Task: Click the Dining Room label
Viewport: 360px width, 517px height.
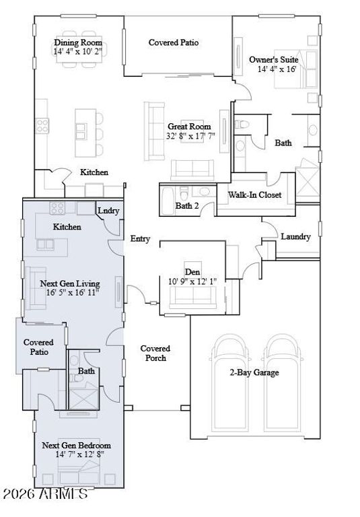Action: (x=78, y=42)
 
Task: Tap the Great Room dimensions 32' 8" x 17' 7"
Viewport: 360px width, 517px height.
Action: (x=190, y=136)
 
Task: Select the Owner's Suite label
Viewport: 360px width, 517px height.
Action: (x=274, y=60)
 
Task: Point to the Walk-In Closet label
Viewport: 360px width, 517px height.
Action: (x=255, y=195)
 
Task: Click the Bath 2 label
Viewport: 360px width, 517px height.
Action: (x=187, y=206)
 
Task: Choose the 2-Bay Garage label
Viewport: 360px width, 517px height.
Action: (x=254, y=372)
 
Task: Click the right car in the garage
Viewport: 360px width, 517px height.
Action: (x=283, y=382)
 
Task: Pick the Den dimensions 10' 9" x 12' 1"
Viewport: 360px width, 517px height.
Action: (x=192, y=281)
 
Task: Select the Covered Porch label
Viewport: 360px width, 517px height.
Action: (x=155, y=353)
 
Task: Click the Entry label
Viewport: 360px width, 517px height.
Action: (x=140, y=239)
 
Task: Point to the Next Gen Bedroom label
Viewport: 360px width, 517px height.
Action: (x=76, y=446)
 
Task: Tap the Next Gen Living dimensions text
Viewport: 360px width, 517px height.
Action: (x=73, y=292)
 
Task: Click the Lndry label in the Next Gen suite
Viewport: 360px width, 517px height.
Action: (x=108, y=211)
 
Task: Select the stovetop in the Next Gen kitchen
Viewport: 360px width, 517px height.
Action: (x=57, y=209)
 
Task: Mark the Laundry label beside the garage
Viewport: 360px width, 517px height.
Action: (x=295, y=237)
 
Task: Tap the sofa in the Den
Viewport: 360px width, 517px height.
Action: (x=193, y=298)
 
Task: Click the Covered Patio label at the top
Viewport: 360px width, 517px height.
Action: (x=174, y=42)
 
